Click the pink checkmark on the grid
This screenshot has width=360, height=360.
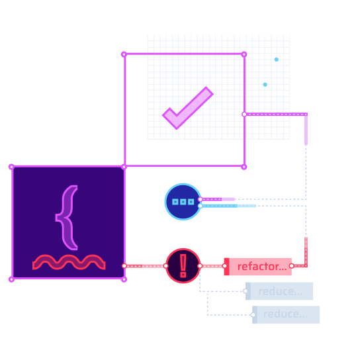coord(187,108)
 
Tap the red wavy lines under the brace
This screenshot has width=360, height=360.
coord(69,262)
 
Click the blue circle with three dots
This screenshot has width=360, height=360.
coord(183,202)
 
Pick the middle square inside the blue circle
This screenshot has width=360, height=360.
coord(183,202)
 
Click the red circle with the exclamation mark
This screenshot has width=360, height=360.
coord(183,266)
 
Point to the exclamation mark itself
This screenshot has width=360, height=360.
coord(183,265)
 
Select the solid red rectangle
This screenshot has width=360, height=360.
coord(257,266)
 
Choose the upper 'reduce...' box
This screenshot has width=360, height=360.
coord(280,291)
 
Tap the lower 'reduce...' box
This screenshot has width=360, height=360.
coord(287,314)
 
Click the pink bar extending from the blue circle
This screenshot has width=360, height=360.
coord(218,199)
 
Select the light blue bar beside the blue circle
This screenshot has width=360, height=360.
coord(228,206)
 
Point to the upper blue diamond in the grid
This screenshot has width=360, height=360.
coord(276,60)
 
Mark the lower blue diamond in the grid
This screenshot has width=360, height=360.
coord(265,85)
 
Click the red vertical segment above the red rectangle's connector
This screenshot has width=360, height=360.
coord(306,249)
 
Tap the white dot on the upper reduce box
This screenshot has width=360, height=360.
coord(246,291)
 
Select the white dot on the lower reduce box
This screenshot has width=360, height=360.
coord(252,314)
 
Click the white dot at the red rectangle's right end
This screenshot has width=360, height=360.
coord(291,266)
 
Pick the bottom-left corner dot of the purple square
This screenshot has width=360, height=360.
coord(11,279)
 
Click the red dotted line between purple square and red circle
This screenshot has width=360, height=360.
coord(145,266)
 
